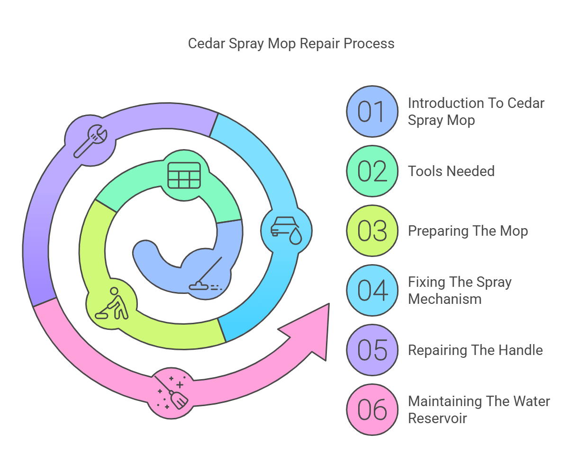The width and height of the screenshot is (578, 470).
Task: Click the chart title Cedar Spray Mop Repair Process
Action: (x=291, y=44)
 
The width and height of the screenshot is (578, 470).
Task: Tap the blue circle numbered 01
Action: (x=372, y=112)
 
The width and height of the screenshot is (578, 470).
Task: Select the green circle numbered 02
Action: (x=372, y=171)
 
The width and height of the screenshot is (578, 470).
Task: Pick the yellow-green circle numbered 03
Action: (x=372, y=231)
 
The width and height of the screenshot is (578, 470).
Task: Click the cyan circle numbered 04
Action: (x=372, y=291)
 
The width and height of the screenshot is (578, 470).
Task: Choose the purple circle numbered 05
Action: (x=372, y=350)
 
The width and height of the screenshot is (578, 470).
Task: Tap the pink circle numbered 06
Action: (x=372, y=410)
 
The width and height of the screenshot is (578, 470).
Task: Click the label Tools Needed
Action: (x=451, y=171)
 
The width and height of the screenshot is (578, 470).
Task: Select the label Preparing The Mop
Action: (x=468, y=231)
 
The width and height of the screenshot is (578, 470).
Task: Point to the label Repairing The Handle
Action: (x=475, y=350)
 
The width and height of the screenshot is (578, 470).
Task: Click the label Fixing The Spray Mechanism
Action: (x=460, y=291)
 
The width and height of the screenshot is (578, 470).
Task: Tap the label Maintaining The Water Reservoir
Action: (x=479, y=410)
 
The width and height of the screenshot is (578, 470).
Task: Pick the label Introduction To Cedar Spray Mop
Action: (x=476, y=112)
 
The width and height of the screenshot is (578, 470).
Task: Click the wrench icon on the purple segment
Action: (x=90, y=140)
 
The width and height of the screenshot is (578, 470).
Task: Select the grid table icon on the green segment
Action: (x=184, y=175)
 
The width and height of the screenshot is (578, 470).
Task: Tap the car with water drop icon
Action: (x=286, y=231)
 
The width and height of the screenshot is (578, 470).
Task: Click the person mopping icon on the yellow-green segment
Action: (x=112, y=304)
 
